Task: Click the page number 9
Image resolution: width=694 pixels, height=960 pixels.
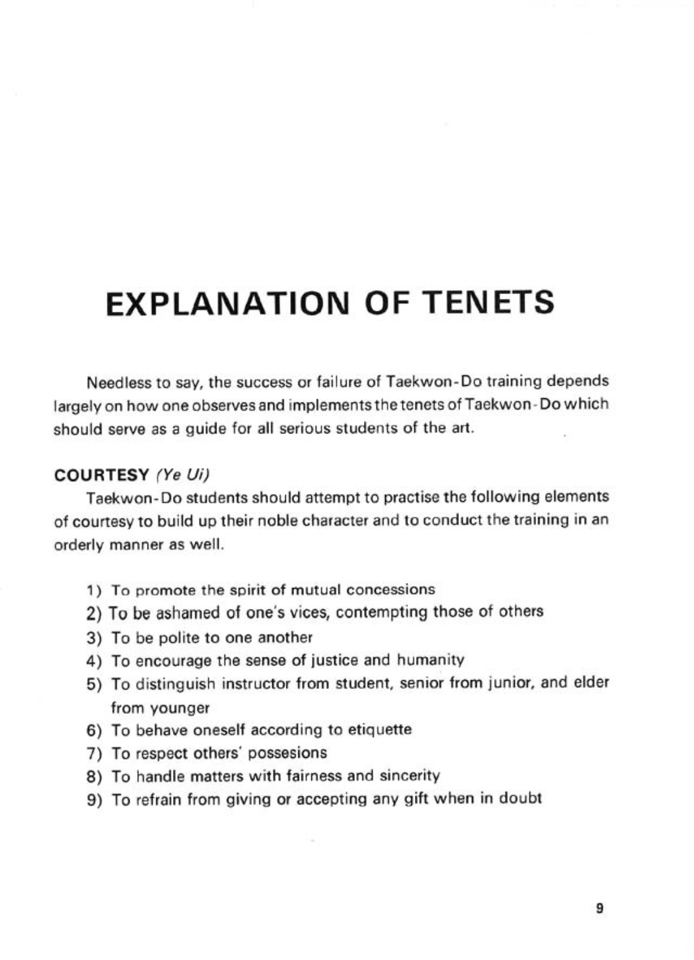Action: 599,909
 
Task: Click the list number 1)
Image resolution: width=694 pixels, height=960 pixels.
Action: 94,589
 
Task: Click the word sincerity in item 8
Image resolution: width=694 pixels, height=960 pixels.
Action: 410,776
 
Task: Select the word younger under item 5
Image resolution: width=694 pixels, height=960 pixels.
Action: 177,708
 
